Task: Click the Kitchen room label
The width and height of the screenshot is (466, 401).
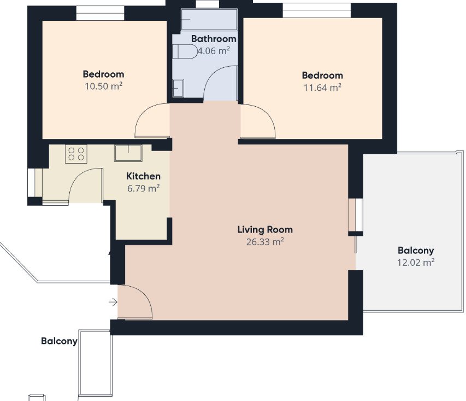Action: pyautogui.click(x=143, y=176)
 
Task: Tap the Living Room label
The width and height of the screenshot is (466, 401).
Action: pyautogui.click(x=265, y=230)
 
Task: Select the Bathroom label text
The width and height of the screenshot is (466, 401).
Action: pyautogui.click(x=214, y=39)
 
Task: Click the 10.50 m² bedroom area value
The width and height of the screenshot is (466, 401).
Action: pyautogui.click(x=104, y=86)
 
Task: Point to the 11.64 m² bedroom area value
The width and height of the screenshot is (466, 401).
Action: pyautogui.click(x=322, y=88)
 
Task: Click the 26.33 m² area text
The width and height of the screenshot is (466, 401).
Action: pyautogui.click(x=265, y=242)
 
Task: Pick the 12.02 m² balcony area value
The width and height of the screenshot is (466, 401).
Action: pyautogui.click(x=416, y=263)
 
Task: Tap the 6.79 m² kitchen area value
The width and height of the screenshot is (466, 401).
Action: pyautogui.click(x=144, y=188)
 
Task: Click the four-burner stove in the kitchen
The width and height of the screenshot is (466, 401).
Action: pyautogui.click(x=76, y=154)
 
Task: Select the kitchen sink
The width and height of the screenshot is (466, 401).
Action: pyautogui.click(x=128, y=153)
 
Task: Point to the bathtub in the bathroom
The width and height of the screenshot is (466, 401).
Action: pyautogui.click(x=209, y=19)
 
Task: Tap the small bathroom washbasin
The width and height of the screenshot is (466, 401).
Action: pyautogui.click(x=178, y=88)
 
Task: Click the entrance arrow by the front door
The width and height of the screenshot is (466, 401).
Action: pyautogui.click(x=113, y=303)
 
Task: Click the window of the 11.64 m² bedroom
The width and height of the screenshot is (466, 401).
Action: pyautogui.click(x=316, y=10)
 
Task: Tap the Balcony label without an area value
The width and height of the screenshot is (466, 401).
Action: pyautogui.click(x=59, y=341)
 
